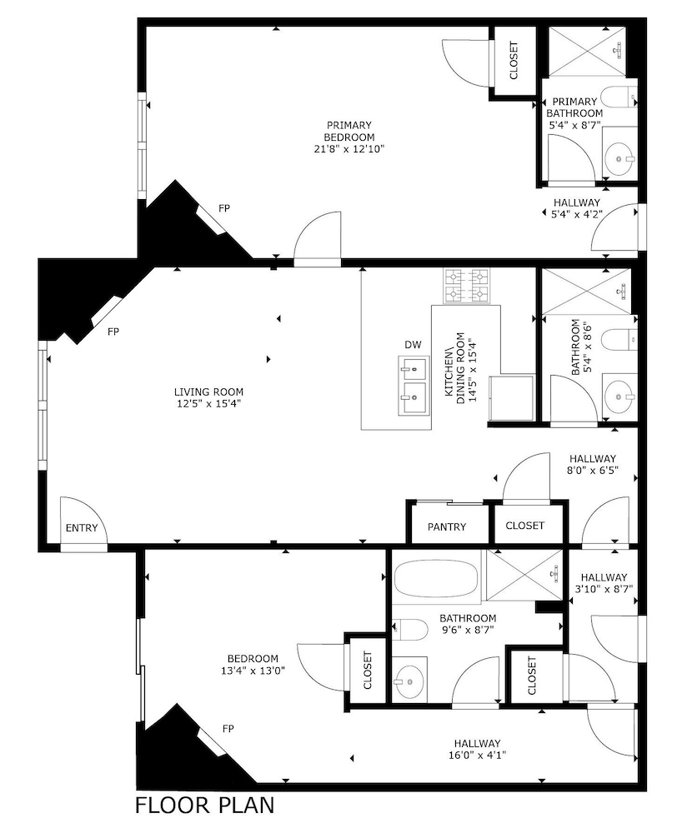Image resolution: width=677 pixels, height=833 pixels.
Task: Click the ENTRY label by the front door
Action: pos(83,528)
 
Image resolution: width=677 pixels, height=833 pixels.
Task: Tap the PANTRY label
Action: pos(446,526)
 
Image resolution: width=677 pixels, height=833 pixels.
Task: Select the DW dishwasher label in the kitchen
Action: pos(413,345)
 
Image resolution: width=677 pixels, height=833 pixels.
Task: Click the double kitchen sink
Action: pos(413,387)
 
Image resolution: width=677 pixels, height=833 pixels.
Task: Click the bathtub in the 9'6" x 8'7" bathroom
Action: pos(436,581)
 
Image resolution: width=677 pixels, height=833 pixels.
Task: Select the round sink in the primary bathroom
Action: pos(619,154)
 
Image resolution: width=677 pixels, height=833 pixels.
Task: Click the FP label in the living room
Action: pos(113,332)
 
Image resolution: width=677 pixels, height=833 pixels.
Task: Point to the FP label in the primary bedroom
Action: pos(224,207)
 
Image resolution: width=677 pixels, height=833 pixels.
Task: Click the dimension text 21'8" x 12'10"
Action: pos(349,150)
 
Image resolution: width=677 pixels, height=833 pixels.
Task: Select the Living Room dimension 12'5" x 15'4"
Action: pos(208,404)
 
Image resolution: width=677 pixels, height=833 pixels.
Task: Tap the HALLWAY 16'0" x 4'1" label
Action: pos(477,756)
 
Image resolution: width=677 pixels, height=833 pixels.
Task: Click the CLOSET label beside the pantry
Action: pos(525,526)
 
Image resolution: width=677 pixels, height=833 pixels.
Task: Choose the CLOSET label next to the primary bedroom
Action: pos(513,60)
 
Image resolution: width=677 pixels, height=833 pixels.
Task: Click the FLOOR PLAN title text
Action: pos(204,806)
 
